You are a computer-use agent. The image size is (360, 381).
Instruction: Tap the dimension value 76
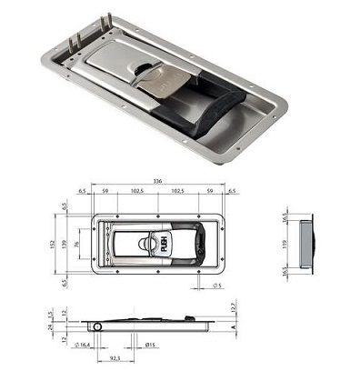(78, 246)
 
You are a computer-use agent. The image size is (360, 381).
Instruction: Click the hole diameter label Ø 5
(219, 288)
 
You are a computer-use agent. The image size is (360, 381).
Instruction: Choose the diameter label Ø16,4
(85, 346)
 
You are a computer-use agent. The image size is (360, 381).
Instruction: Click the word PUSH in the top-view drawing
(165, 245)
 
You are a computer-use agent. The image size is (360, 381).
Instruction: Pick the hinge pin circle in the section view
(96, 325)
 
